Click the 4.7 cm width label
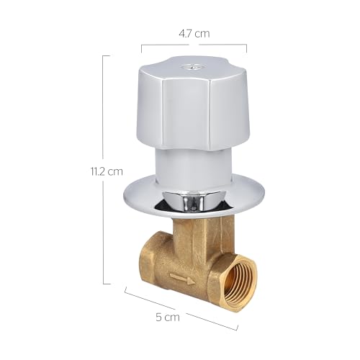click(x=194, y=34)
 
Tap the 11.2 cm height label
click(x=107, y=171)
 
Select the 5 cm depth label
click(x=168, y=317)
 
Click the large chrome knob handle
click(x=193, y=104)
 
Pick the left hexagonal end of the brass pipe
click(x=148, y=269)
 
